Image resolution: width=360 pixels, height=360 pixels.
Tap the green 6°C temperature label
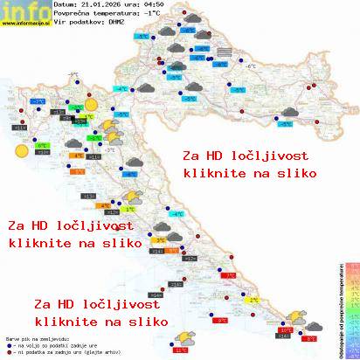[x=41, y=146]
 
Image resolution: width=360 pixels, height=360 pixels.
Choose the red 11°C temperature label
[x=181, y=350]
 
